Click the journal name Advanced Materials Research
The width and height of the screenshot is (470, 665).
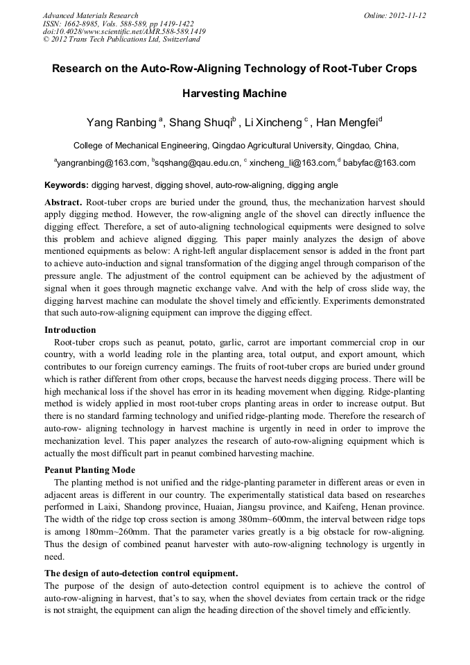(x=90, y=15)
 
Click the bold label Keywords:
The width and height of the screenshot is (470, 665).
(x=67, y=185)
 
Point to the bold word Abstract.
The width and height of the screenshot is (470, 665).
(x=63, y=203)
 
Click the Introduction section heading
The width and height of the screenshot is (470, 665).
(x=70, y=329)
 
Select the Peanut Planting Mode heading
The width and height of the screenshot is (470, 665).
(x=87, y=469)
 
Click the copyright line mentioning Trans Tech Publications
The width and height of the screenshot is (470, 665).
(x=121, y=40)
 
